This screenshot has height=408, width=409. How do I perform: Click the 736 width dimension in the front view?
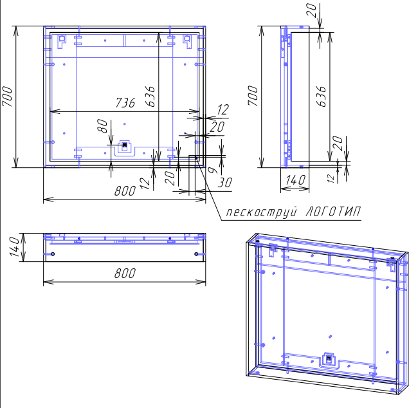[125, 102]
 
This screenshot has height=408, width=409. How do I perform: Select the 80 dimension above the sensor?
[102, 126]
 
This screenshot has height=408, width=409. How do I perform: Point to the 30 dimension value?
[224, 183]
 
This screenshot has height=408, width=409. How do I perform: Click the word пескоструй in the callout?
[262, 212]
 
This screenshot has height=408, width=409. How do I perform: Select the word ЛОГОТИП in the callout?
[333, 212]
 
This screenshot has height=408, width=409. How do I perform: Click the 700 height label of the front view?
[7, 97]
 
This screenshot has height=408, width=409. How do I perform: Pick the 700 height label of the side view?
[253, 95]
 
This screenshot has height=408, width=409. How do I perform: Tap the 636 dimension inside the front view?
[150, 97]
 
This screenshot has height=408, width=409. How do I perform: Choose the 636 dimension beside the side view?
[321, 97]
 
